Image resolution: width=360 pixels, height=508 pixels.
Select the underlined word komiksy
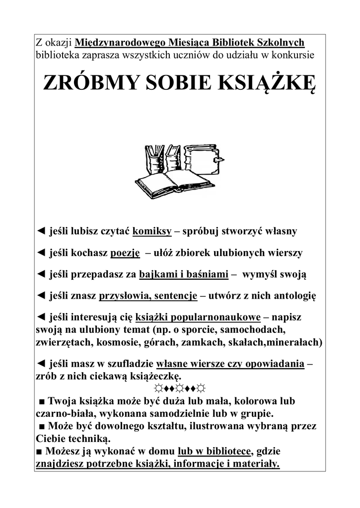tap(152, 231)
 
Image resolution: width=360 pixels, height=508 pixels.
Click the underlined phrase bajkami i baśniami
tap(184, 274)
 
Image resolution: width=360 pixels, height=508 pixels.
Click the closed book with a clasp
tap(204, 160)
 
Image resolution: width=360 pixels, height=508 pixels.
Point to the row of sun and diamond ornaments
tap(180, 387)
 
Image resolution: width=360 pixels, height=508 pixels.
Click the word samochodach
tap(255, 329)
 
